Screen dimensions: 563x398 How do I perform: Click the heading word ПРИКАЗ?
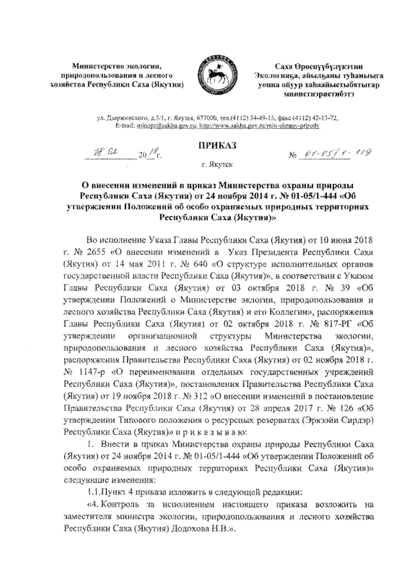point(213,145)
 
